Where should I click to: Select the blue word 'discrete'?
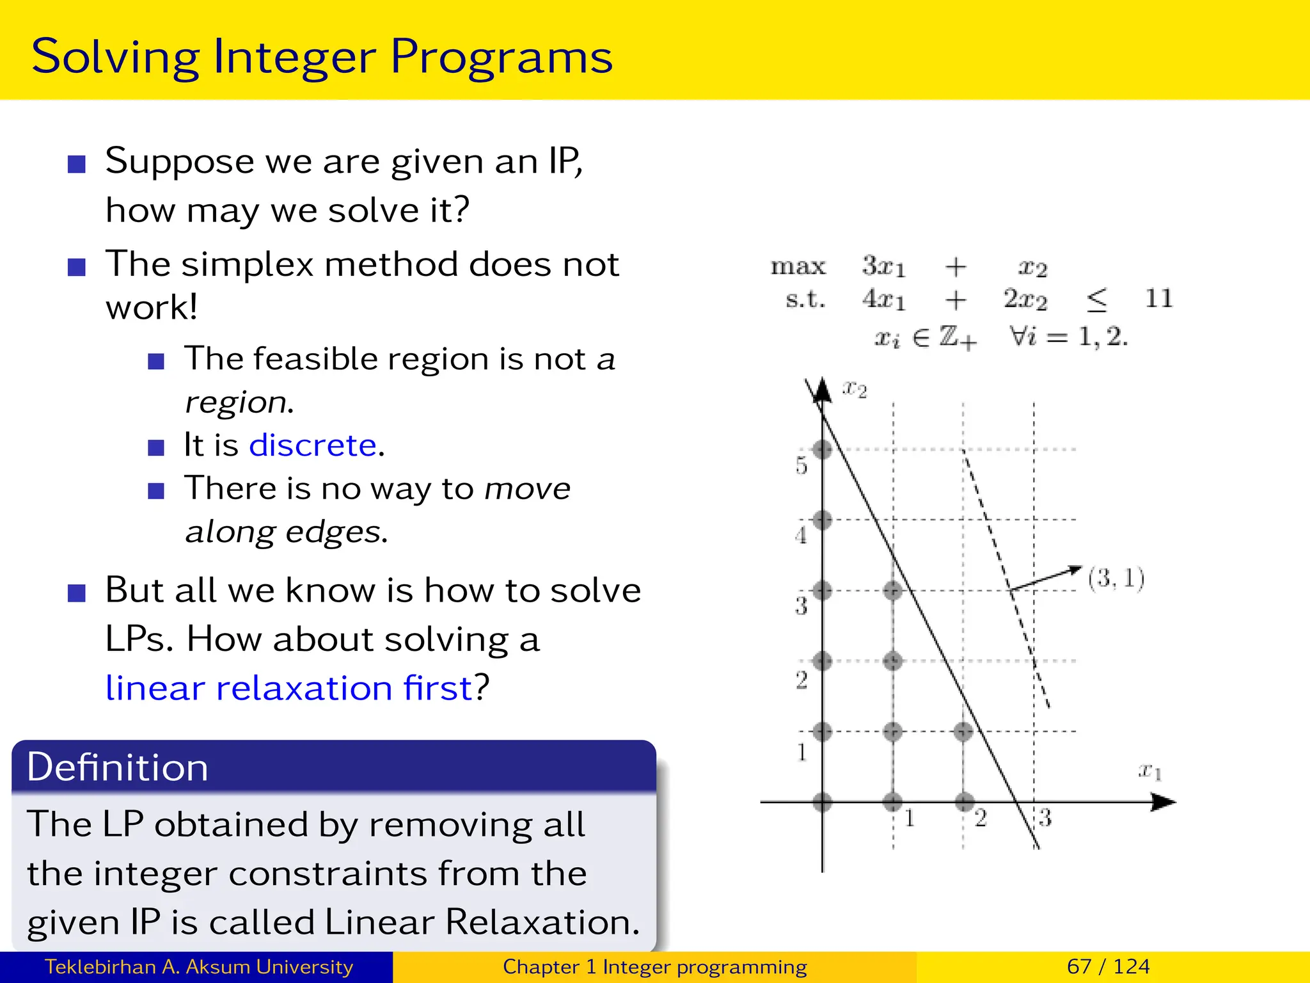(x=313, y=445)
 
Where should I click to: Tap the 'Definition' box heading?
(x=118, y=767)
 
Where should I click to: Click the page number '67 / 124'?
(x=1108, y=966)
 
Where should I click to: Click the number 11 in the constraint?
(x=1158, y=298)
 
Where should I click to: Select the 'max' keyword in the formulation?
(x=798, y=266)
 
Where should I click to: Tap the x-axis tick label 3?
(x=1045, y=817)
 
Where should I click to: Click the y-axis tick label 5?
(x=801, y=465)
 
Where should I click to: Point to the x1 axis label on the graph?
(x=1149, y=771)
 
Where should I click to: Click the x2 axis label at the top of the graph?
(x=855, y=388)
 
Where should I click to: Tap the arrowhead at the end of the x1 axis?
(x=1164, y=801)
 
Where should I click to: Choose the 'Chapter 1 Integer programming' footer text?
(x=654, y=966)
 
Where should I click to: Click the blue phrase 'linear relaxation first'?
(x=288, y=688)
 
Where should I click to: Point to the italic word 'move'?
(x=527, y=489)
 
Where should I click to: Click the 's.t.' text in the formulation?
(x=805, y=299)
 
